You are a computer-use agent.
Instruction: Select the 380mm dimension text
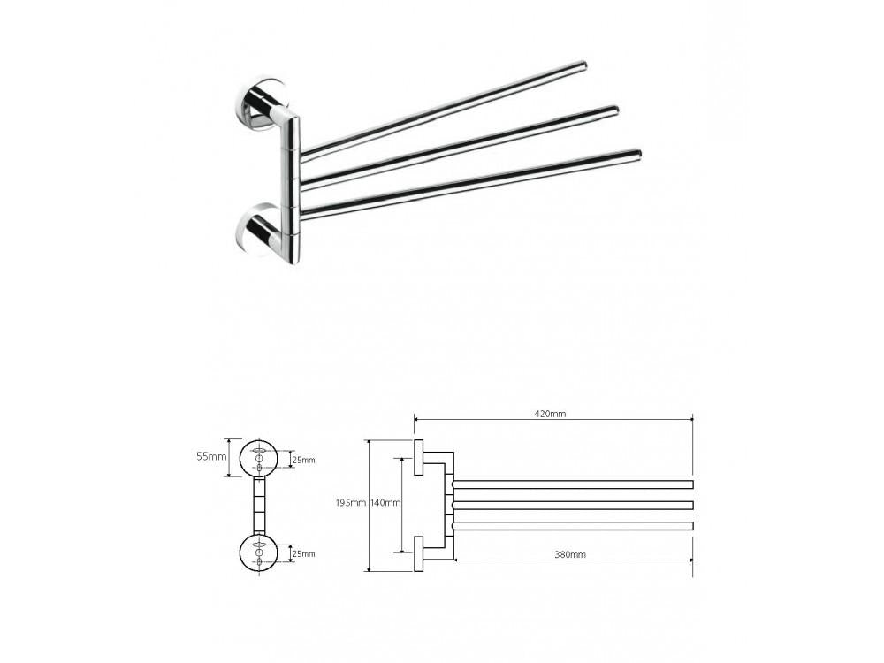570,554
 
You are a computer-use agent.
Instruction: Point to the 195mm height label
351,503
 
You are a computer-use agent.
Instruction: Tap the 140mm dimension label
386,503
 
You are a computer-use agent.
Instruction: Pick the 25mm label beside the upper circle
304,460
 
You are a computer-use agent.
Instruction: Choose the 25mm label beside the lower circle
304,553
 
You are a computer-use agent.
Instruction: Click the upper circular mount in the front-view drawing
259,458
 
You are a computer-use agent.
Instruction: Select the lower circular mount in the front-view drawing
259,553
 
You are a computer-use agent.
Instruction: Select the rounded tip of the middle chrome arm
614,110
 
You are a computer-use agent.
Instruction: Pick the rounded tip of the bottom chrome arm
636,155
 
